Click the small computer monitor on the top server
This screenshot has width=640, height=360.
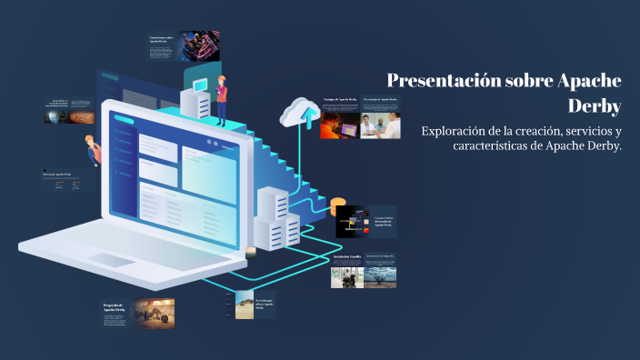pos(199,85)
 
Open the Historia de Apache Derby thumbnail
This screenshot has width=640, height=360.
pos(66,181)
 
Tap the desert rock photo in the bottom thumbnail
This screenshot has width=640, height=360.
pos(245,305)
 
